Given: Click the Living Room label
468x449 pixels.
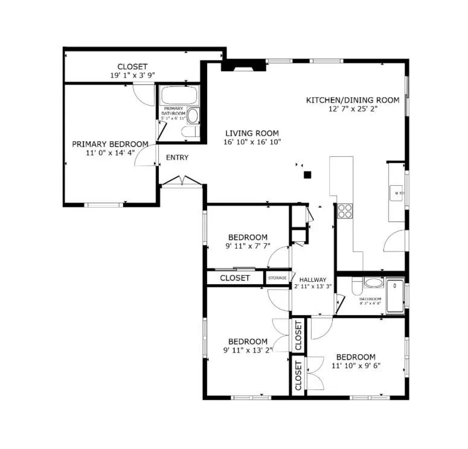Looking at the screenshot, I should click(x=252, y=133).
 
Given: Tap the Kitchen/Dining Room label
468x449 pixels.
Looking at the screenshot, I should click(x=353, y=100).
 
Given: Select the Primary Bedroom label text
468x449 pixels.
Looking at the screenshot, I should click(x=110, y=144).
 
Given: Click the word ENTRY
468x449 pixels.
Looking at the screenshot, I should click(x=177, y=158).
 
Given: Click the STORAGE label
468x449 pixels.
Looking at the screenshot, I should click(x=277, y=278).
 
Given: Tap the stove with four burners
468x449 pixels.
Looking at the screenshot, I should click(x=345, y=211).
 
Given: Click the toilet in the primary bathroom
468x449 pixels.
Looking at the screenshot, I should click(x=193, y=116).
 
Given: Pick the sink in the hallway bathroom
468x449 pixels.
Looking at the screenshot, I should click(x=373, y=283).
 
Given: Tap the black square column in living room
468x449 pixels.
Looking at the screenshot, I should click(x=307, y=175).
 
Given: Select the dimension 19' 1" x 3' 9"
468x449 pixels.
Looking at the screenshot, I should click(x=132, y=76).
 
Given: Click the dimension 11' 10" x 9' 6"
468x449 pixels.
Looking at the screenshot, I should click(x=356, y=366).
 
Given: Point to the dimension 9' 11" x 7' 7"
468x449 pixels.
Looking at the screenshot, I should click(x=247, y=246).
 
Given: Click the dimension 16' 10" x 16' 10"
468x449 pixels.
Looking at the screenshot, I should click(x=252, y=142).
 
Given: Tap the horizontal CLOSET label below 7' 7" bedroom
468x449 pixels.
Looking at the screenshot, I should click(x=235, y=278).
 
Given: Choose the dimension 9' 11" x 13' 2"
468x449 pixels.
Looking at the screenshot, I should click(x=247, y=349).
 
